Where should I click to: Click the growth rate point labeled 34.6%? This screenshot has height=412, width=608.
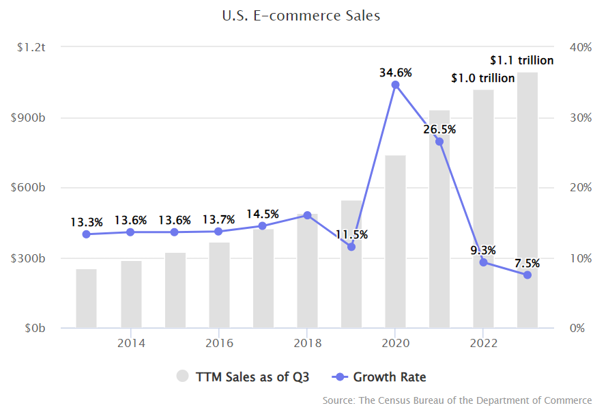[x=395, y=85]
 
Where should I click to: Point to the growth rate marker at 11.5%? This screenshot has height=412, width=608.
[x=351, y=247]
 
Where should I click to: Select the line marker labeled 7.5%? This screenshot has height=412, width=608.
[x=527, y=275]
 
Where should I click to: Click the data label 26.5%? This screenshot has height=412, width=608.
[x=439, y=129]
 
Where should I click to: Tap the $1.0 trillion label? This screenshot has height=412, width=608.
[x=482, y=78]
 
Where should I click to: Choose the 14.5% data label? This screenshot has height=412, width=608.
[x=263, y=213]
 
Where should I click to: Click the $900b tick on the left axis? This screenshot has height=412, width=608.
[x=27, y=118]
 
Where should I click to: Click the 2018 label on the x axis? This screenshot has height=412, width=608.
[x=307, y=342]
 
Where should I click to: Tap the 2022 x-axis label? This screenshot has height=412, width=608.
[x=483, y=342]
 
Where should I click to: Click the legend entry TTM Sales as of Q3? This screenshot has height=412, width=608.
[x=244, y=376]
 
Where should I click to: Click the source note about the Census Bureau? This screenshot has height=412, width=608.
[x=457, y=400]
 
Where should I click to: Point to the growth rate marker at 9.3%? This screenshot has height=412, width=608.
[x=483, y=262]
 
